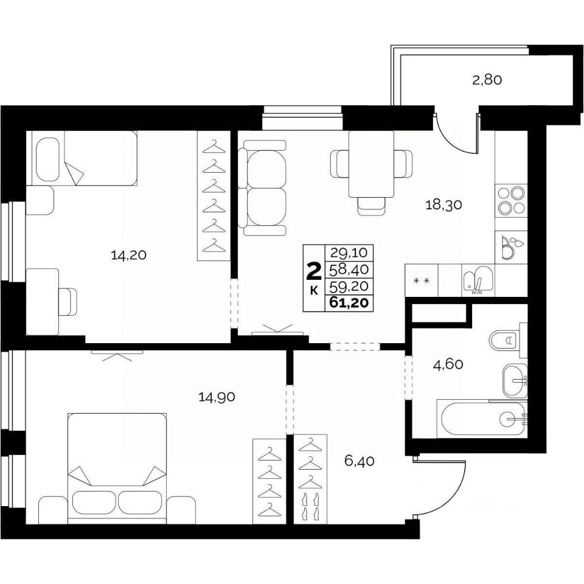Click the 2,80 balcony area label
487,80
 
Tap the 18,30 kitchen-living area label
443,204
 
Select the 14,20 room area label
128,255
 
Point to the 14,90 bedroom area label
217,397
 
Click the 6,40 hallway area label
359,462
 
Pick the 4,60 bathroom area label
448,364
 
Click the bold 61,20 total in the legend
349,303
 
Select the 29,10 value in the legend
349,253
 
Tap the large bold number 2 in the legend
314,271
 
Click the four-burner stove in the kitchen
511,201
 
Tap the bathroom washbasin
515,381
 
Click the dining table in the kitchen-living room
371,164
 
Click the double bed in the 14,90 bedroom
117,468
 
